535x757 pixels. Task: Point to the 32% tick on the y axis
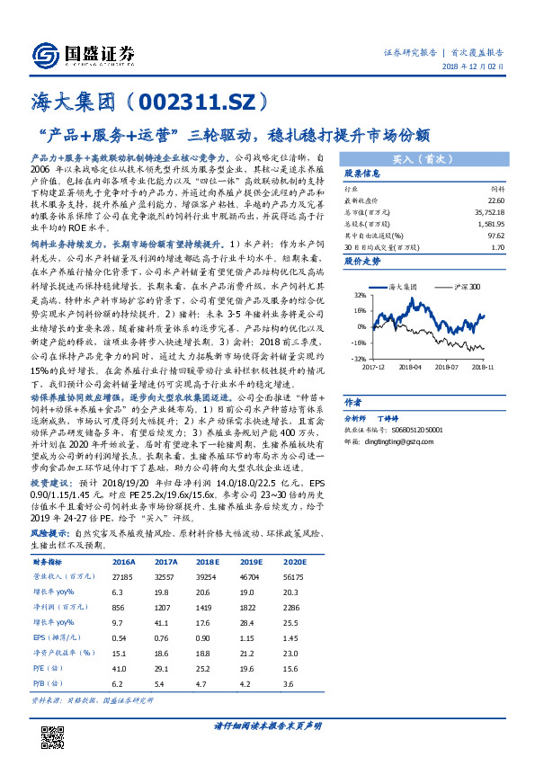point(359,295)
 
